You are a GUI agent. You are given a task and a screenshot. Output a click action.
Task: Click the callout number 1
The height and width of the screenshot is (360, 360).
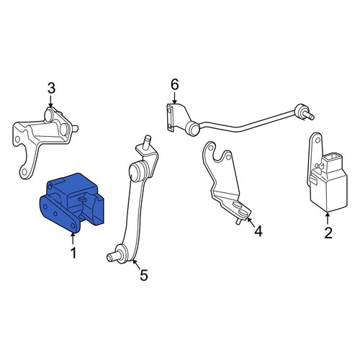73,253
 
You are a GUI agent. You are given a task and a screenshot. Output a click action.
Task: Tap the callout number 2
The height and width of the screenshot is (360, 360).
328,233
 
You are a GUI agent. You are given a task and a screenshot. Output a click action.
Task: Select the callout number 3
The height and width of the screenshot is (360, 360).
51,88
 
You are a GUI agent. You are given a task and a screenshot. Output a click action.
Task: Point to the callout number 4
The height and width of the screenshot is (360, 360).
258,231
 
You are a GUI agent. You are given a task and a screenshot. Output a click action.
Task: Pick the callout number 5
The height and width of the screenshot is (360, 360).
144,275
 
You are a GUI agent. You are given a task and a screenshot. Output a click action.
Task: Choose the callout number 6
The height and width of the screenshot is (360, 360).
175,85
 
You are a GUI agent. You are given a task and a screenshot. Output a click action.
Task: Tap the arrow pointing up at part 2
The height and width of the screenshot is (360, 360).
328,218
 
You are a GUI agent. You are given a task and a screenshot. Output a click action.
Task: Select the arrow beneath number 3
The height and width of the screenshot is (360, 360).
50,101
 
